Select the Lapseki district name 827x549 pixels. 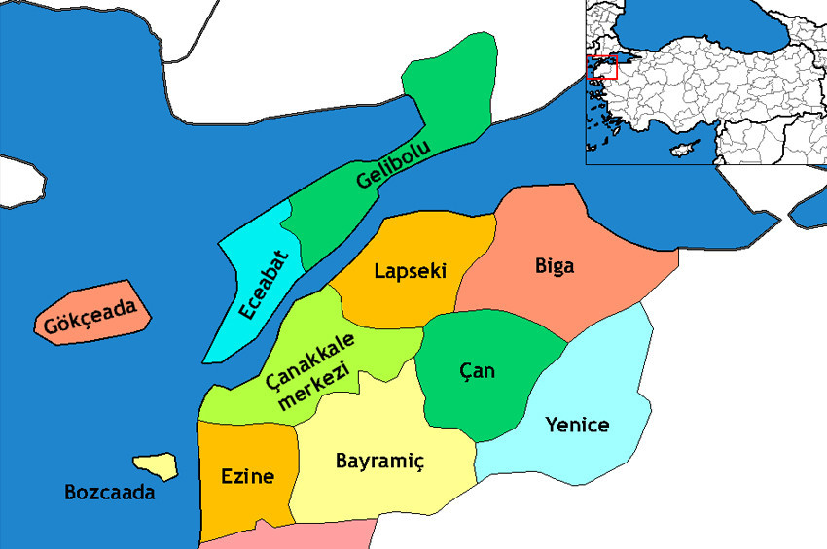click(410, 271)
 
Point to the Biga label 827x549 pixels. click(555, 265)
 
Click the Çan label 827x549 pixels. click(477, 370)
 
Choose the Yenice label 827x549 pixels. click(577, 425)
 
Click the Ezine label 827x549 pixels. click(247, 476)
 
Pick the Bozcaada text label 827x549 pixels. click(109, 493)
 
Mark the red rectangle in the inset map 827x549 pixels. click(603, 67)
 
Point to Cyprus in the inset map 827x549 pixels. click(686, 148)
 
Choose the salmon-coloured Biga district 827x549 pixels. click(584, 292)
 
